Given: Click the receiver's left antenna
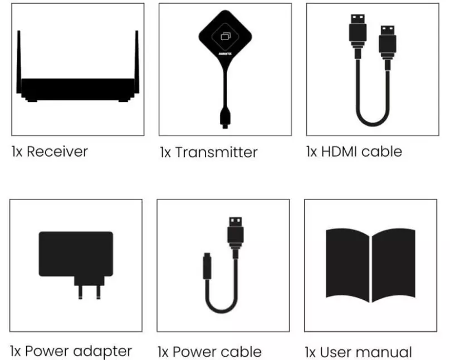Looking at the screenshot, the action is click(x=19, y=62).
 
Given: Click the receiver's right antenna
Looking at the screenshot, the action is click(x=136, y=62).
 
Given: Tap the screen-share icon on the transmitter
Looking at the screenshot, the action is click(x=226, y=36).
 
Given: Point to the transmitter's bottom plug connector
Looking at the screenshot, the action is click(x=225, y=118).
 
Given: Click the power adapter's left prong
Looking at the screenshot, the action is click(x=80, y=292).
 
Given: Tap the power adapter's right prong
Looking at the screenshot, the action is click(x=99, y=292).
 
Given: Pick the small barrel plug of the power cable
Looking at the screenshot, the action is click(x=207, y=266).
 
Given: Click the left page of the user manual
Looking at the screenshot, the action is click(x=348, y=265).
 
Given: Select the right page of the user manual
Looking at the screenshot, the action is click(x=393, y=265).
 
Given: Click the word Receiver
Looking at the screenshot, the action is click(x=57, y=151).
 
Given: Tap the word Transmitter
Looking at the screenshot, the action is click(x=217, y=152).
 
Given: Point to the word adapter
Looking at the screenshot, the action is click(x=102, y=352).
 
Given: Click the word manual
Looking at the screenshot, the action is click(x=383, y=352).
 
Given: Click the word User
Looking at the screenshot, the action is click(x=335, y=352).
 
